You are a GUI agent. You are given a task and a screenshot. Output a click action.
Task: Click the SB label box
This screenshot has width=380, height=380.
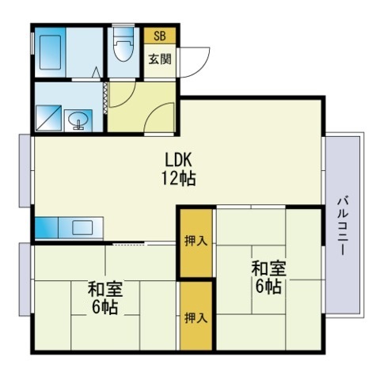pos(160,36)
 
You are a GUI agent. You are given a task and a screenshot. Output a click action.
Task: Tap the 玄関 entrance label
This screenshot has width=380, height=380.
pos(160,59)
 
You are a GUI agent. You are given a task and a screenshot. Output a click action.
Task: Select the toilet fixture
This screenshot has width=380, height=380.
pos(123,45)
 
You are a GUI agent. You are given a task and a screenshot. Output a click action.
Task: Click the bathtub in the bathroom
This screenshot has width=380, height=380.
pos(51,52)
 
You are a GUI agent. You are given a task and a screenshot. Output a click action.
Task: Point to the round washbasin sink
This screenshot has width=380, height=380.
pos(78,120)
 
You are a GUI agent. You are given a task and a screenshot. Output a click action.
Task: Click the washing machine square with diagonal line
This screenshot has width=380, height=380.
pos(48,118)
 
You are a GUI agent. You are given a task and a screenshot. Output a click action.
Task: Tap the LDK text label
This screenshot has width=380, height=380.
pos(178,160)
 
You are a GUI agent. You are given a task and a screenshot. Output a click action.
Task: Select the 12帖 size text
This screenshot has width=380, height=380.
pos(178,178)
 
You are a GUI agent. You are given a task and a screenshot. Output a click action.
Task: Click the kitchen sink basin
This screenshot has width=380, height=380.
pos(82,228)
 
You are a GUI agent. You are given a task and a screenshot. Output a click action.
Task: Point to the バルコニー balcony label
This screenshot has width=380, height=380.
pos(343,226)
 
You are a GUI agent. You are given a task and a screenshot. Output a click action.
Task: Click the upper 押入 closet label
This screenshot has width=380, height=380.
pos(196,241)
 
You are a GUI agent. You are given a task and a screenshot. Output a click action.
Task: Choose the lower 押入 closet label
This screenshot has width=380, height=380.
pos(196,317)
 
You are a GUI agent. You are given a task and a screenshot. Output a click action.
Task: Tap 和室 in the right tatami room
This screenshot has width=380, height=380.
pos(268,268)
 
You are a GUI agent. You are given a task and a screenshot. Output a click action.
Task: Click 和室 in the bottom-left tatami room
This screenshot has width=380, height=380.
pos(105,289)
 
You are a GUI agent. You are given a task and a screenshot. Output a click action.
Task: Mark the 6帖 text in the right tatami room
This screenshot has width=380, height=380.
pos(268,287)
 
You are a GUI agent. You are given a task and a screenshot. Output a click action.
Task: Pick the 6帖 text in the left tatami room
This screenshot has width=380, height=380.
pos(104,307)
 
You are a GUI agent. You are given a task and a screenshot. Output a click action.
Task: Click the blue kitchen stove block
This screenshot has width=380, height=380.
pos(47,228)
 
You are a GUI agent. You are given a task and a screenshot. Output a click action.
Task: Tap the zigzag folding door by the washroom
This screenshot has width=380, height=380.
pos(105,98)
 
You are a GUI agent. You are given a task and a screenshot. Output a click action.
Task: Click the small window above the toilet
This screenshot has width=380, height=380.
pos(123,25)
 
